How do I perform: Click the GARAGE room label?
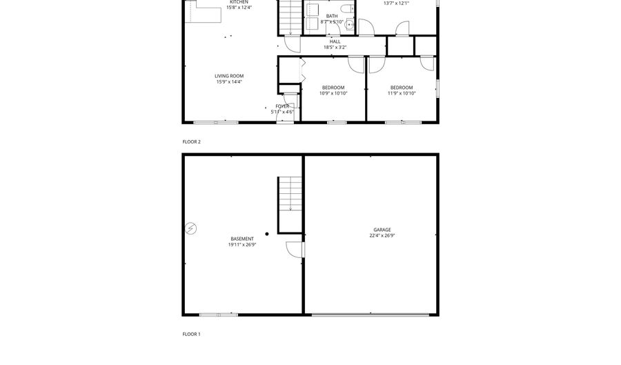point(382,230)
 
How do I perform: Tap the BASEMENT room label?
point(241,239)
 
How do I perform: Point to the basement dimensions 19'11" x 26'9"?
point(241,244)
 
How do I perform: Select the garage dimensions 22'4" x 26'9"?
point(382,235)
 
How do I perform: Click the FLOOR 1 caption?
point(191,334)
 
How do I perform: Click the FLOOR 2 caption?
point(191,141)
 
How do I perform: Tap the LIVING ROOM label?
point(229,76)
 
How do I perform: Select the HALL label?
point(335,41)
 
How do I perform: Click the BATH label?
point(332,16)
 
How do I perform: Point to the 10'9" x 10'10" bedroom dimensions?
point(334,93)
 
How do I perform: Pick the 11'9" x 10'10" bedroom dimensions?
point(402,93)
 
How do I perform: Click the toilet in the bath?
point(346,10)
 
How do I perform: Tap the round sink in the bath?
point(350,25)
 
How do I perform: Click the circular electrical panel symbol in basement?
point(191,228)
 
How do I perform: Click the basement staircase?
point(290,195)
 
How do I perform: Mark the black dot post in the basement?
point(267,234)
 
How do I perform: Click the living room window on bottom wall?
point(216,123)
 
